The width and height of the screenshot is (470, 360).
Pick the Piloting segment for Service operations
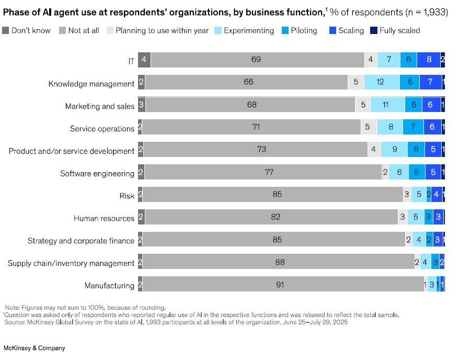click(x=413, y=127)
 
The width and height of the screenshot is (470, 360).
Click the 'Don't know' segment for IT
click(x=144, y=60)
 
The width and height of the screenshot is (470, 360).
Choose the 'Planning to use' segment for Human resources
click(x=402, y=217)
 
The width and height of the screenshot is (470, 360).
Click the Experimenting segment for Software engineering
click(x=399, y=172)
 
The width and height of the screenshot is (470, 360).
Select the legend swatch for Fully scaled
click(x=373, y=30)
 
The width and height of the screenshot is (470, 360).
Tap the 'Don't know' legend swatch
click(x=6, y=30)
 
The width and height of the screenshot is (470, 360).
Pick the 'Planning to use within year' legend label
click(x=162, y=30)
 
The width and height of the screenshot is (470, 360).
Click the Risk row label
click(x=127, y=196)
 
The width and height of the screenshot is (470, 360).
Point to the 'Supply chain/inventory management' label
click(x=71, y=264)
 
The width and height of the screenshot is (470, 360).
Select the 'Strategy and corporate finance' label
click(x=81, y=241)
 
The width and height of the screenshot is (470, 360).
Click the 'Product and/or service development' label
click(x=72, y=151)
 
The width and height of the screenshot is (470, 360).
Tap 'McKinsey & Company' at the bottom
click(x=35, y=348)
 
